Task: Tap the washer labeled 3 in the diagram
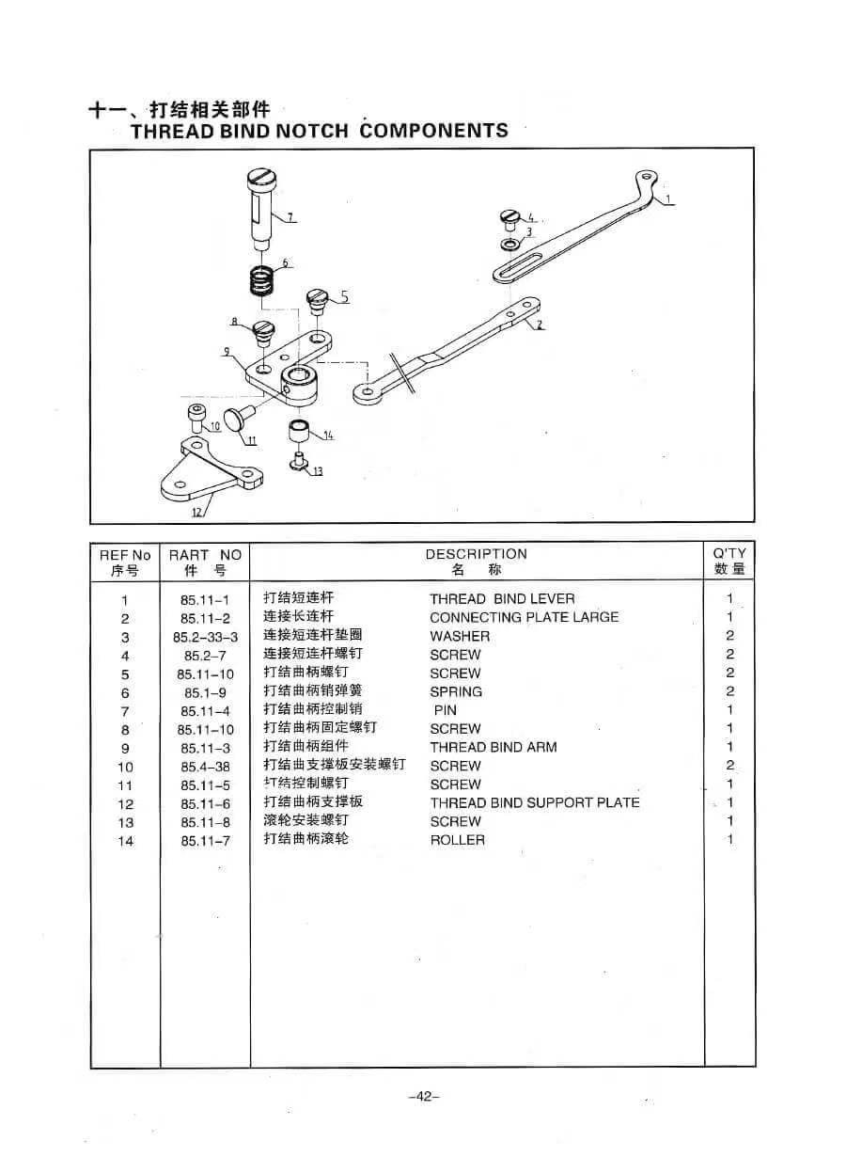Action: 510,244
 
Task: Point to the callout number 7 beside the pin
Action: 290,217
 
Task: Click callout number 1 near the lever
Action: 667,198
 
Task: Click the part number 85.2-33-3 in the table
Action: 206,637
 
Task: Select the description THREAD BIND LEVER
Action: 502,598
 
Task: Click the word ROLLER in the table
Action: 458,840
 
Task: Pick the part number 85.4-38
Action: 206,767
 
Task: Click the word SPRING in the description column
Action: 456,691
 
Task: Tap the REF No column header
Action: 125,563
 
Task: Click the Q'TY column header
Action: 729,561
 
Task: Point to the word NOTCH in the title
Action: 312,131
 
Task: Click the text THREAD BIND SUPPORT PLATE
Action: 535,802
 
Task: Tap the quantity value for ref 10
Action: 729,765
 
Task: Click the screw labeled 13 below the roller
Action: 298,461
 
